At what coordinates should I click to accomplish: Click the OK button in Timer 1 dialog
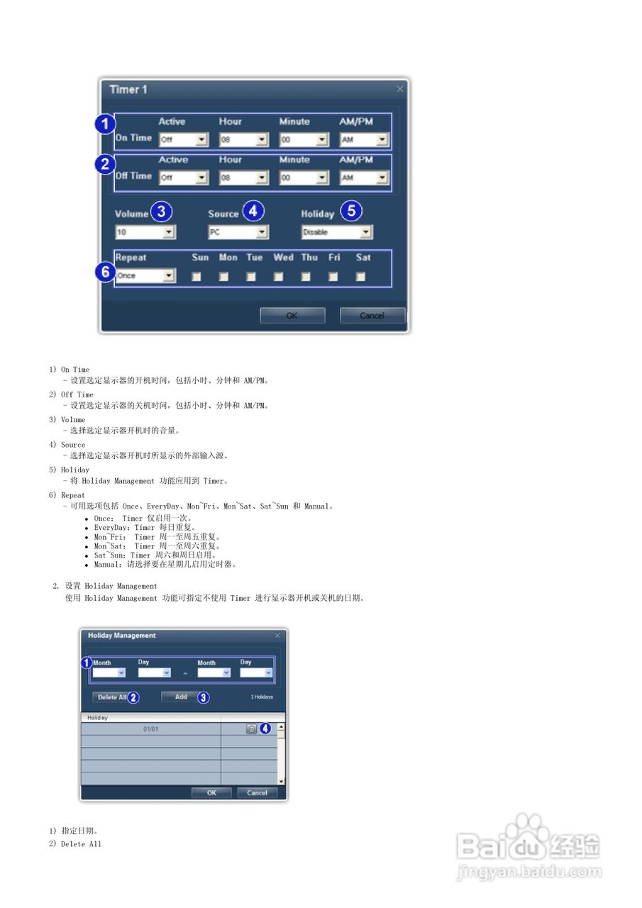coord(292,316)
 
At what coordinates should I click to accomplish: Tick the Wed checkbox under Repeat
coord(278,277)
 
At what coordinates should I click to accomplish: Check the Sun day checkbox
coord(197,277)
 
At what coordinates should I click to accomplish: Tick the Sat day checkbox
coord(360,277)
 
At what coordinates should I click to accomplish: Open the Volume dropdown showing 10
coord(145,232)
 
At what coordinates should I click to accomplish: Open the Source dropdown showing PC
coord(238,232)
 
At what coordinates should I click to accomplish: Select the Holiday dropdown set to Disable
coord(337,232)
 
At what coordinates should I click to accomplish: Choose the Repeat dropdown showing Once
coord(145,276)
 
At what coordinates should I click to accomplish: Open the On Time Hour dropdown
coord(243,140)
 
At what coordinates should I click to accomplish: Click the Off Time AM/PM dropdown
coord(364,178)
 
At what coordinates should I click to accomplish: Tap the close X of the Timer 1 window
coord(400,89)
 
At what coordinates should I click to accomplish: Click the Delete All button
coord(112,697)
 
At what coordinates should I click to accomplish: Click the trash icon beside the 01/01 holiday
coord(251,729)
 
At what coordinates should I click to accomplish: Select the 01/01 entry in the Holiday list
coord(150,729)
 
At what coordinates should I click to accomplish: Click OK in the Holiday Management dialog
coord(212,793)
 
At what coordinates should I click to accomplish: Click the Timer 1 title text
coord(128,89)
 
